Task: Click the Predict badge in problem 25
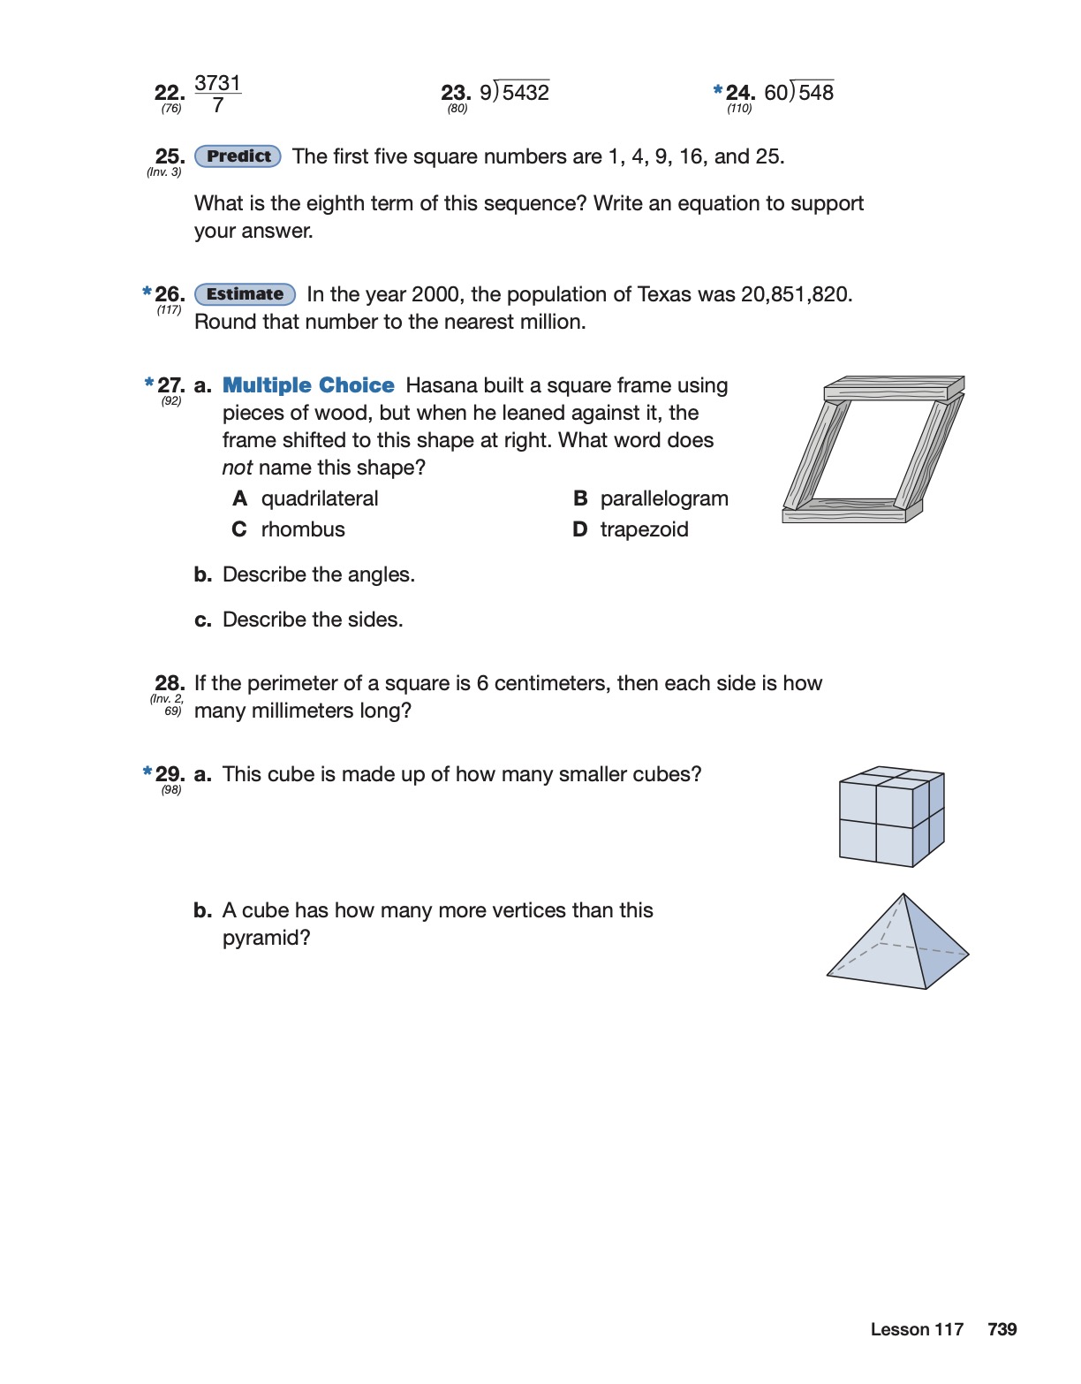pos(238,156)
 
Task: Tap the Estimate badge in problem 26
pos(245,294)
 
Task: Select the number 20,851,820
pos(796,294)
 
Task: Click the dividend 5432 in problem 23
pos(525,93)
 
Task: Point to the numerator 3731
pos(217,83)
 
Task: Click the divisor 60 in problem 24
pos(775,93)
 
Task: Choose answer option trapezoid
pos(644,529)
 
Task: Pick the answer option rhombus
pos(303,529)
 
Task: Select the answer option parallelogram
pos(664,498)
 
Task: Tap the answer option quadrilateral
pos(320,498)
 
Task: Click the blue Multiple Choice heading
pos(308,385)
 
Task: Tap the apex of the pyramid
pos(903,895)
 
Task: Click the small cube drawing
pos(891,816)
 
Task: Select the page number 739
pos(1002,1329)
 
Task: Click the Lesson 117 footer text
pos(917,1329)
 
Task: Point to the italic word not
pos(237,468)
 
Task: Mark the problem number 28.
pos(169,683)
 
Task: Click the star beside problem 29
pos(147,772)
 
